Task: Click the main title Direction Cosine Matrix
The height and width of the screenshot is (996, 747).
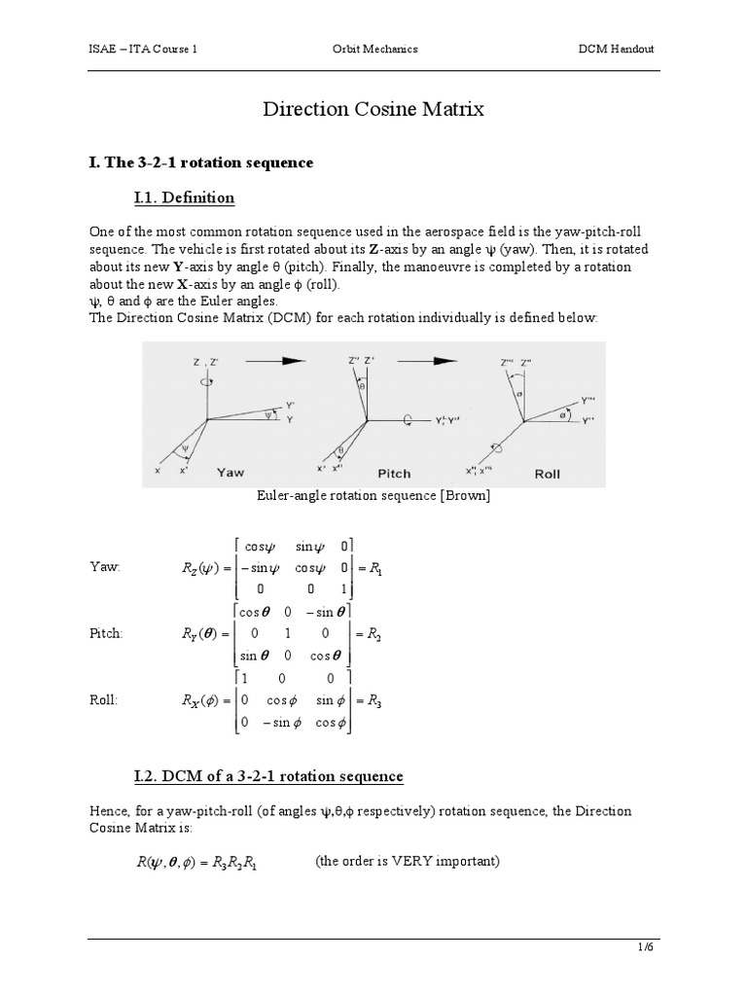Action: (373, 109)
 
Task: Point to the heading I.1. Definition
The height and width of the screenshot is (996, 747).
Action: (184, 197)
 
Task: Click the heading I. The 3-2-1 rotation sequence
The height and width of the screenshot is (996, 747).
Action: (200, 162)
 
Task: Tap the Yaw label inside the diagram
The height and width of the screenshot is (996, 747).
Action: (231, 473)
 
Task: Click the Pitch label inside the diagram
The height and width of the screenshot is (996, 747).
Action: (394, 474)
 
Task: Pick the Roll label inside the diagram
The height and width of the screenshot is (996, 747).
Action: (548, 474)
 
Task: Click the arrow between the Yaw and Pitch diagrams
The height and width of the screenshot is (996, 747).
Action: (267, 360)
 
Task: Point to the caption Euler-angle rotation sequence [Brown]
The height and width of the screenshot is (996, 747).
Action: (373, 496)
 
